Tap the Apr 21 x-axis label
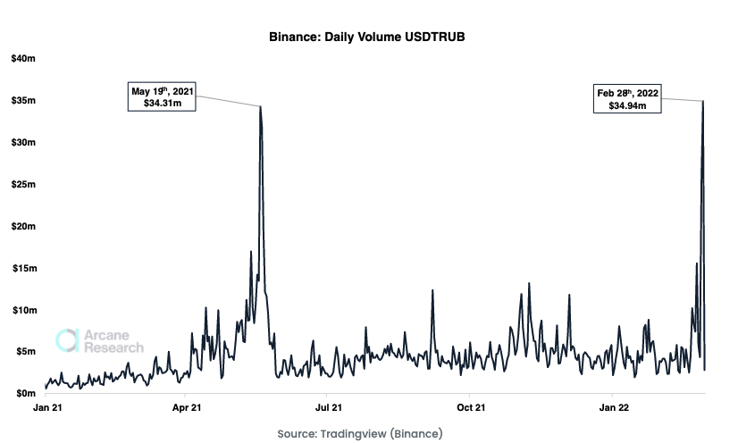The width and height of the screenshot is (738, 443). point(185,408)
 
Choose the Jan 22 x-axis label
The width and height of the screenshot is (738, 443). point(612,408)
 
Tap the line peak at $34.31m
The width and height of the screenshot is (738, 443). point(260,106)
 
